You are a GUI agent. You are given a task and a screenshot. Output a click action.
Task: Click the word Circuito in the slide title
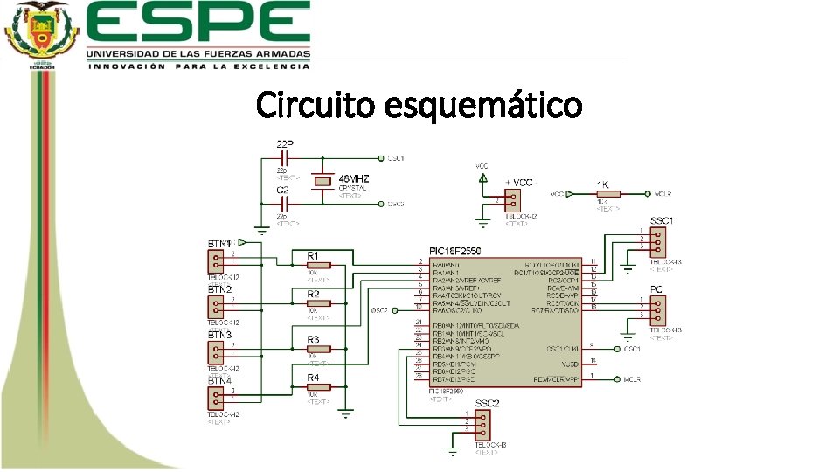[x=315, y=106]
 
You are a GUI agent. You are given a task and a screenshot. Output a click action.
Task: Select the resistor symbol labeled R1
[x=318, y=265]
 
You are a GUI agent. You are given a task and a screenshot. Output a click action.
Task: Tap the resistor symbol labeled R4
[x=318, y=386]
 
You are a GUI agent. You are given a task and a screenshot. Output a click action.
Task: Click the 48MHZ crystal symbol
[x=324, y=181]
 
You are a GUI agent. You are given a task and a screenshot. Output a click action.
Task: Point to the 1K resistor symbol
[x=608, y=193]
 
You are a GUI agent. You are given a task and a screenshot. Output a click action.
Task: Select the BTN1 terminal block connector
[x=215, y=260]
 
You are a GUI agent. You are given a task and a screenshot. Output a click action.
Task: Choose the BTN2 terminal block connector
[x=215, y=306]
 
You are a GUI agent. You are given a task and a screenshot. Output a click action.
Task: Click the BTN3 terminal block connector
[x=215, y=351]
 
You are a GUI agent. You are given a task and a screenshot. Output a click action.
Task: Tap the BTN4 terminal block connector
[x=215, y=398]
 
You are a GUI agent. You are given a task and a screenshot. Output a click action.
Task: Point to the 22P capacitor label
[x=285, y=142]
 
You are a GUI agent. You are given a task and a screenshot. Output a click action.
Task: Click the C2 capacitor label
[x=282, y=190]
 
